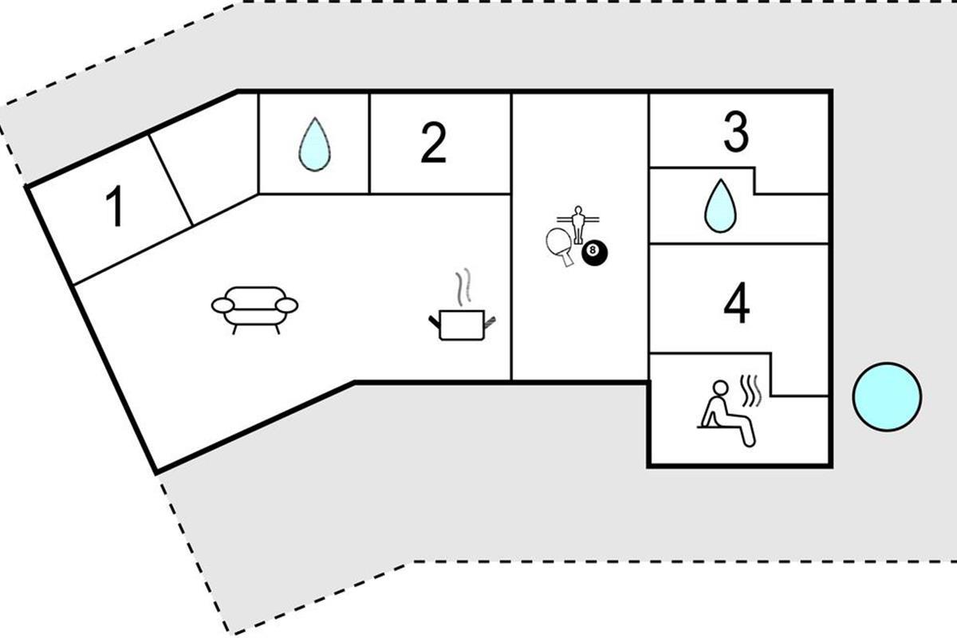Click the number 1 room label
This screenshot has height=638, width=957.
(116, 207)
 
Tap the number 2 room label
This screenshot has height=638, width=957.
(433, 144)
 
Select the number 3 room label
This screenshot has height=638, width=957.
(735, 132)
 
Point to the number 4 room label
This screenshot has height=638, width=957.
(735, 303)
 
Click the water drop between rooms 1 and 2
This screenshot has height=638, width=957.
(313, 144)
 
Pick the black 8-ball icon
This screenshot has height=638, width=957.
(594, 254)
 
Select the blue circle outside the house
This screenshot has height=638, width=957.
(887, 396)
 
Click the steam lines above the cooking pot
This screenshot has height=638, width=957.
(463, 288)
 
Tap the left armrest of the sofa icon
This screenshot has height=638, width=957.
(223, 305)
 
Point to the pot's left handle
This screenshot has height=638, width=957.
(435, 321)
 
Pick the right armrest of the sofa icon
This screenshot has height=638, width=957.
(286, 305)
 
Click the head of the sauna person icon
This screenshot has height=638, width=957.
(720, 388)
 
